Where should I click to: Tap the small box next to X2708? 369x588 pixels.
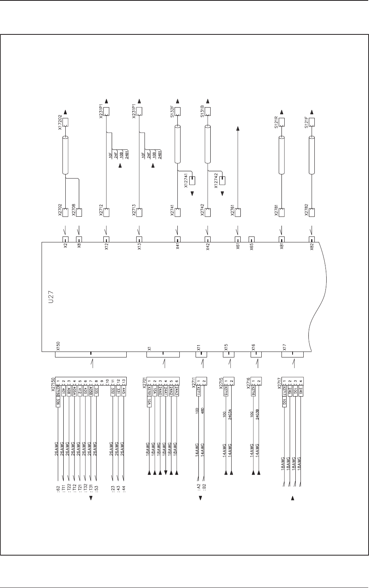point(79,212)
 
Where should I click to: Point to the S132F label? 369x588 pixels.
point(172,112)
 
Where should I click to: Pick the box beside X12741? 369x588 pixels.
point(192,181)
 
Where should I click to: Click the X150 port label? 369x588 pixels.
point(59,346)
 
